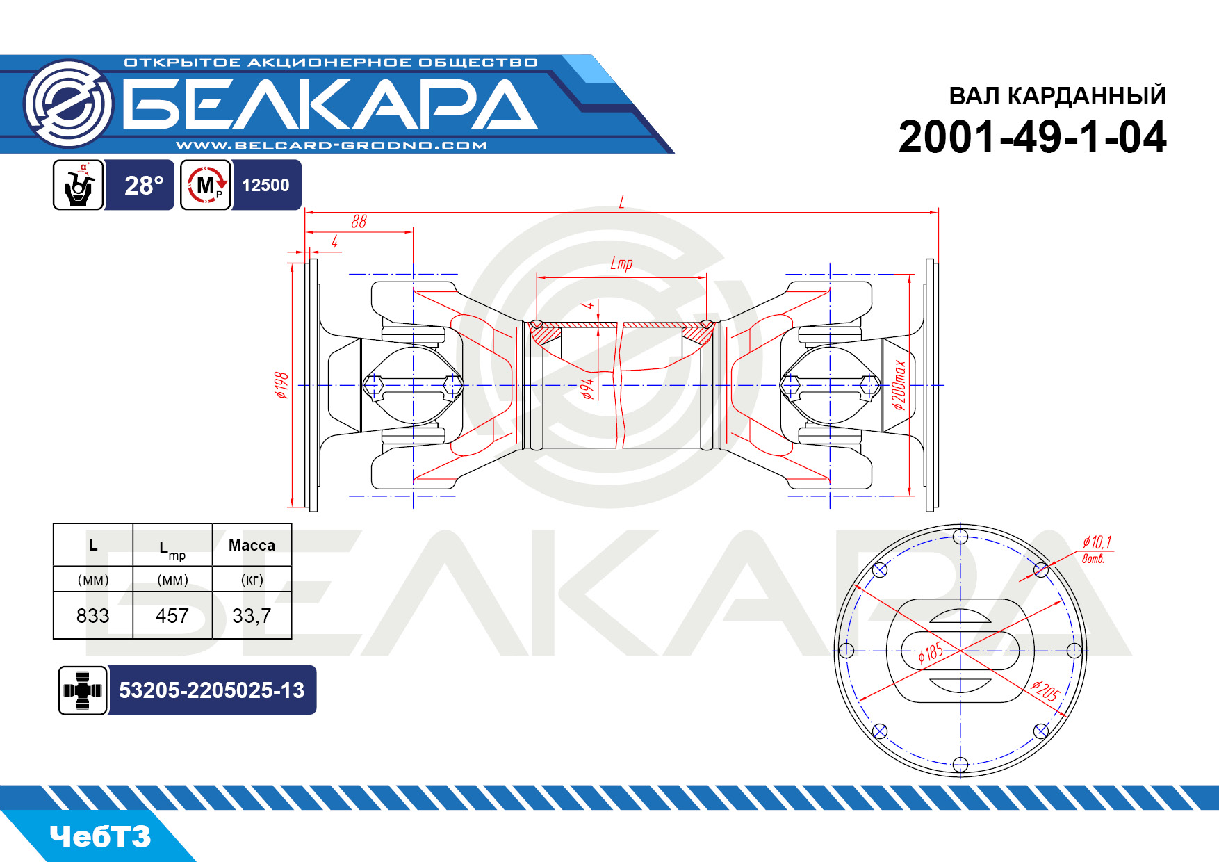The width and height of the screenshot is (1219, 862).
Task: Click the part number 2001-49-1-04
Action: pyautogui.click(x=1032, y=137)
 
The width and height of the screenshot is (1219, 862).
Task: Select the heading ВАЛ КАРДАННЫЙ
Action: pyautogui.click(x=1057, y=96)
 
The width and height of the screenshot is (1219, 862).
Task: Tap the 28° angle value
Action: pyautogui.click(x=144, y=186)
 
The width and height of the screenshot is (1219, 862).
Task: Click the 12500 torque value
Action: pyautogui.click(x=265, y=186)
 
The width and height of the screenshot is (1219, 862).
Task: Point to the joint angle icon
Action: pyautogui.click(x=79, y=185)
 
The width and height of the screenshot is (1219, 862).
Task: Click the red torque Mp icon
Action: pyautogui.click(x=206, y=185)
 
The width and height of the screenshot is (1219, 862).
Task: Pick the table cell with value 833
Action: pyautogui.click(x=93, y=616)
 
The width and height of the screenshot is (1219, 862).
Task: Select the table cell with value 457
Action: pyautogui.click(x=172, y=616)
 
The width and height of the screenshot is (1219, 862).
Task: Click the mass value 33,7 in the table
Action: pyautogui.click(x=252, y=616)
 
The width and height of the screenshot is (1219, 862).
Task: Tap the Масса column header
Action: pyautogui.click(x=252, y=546)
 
